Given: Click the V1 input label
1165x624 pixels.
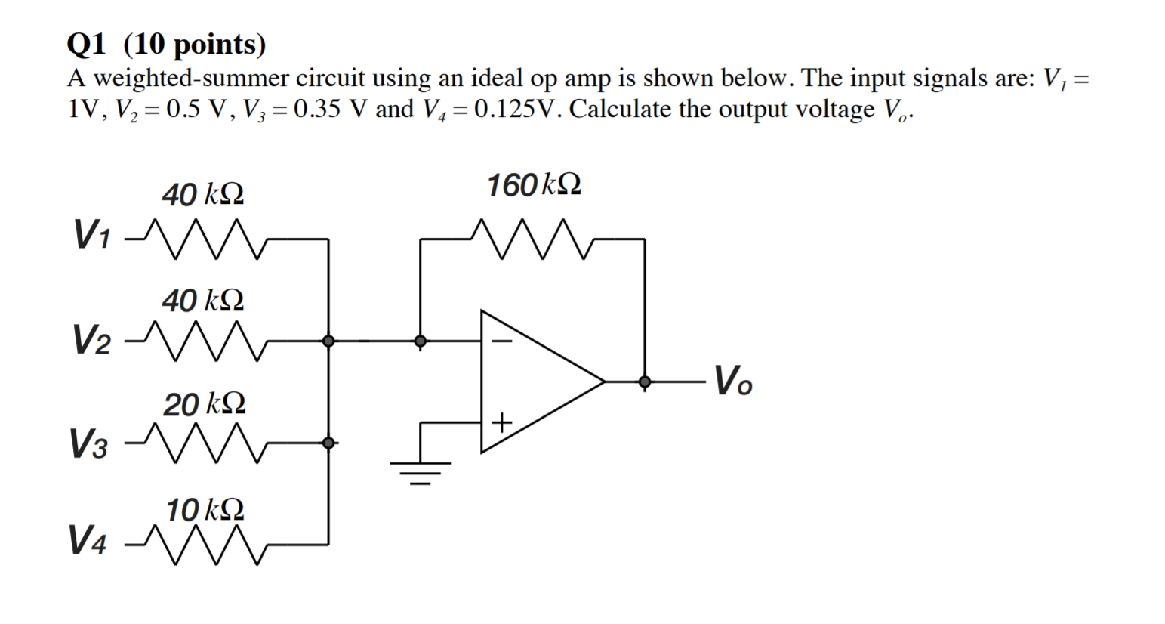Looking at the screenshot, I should point(91,234).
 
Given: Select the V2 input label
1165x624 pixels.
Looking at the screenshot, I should point(91,339).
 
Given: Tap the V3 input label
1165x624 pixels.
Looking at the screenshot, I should point(88,443).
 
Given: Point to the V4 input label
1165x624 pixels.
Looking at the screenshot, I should point(88,540).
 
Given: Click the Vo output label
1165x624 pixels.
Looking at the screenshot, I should point(732,381).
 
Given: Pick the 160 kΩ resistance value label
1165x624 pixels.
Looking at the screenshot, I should point(534,185).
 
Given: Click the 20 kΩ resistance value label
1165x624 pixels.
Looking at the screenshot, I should point(204,405).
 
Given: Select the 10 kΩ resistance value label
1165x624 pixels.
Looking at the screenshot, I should point(204,510).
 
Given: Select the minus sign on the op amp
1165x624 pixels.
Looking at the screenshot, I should point(501,341).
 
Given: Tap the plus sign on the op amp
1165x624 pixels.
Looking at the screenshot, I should point(501,421).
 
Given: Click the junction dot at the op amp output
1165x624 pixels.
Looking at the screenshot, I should point(644,382).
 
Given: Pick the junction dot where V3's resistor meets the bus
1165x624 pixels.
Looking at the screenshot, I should point(328,443).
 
